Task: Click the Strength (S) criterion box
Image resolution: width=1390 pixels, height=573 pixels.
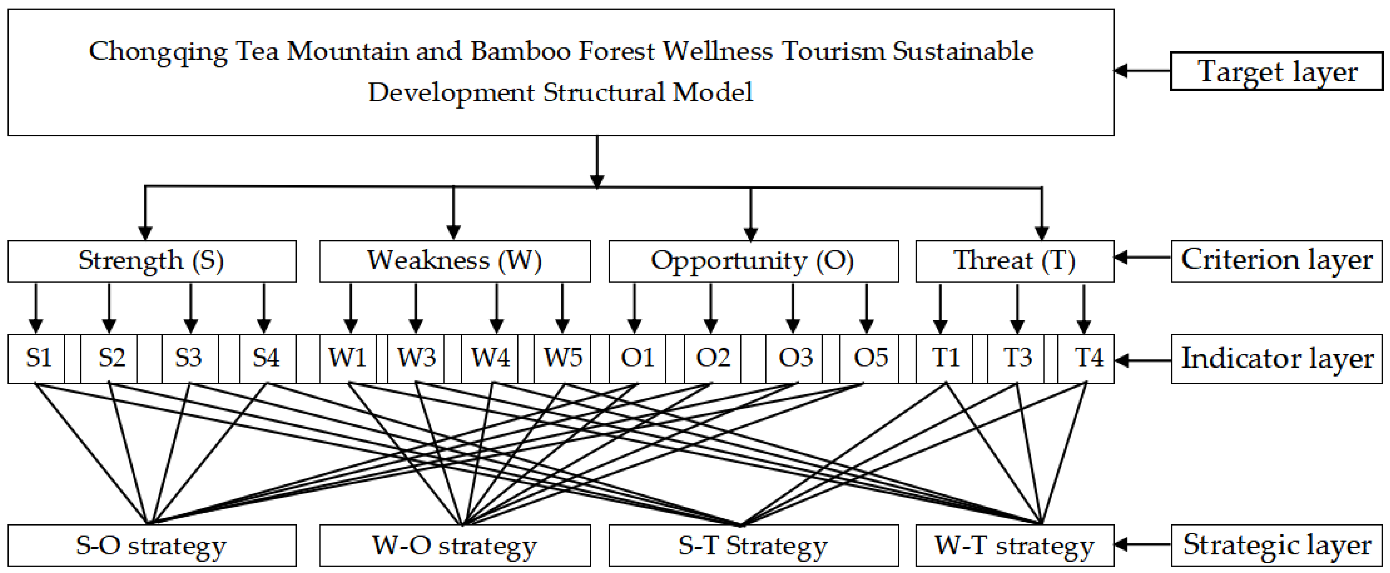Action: point(152,261)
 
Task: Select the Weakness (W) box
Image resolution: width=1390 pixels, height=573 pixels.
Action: point(454,261)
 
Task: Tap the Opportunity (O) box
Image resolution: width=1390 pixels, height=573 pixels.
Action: point(753,261)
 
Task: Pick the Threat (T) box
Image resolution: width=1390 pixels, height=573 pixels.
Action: point(1014,261)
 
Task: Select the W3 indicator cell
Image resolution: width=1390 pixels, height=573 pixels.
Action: point(416,358)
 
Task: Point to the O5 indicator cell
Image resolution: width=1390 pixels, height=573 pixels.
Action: point(869,358)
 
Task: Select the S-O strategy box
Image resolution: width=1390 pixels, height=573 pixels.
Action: point(152,545)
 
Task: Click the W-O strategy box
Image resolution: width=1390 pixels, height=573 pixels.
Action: point(454,545)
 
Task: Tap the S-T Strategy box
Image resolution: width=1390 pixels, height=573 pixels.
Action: point(753,545)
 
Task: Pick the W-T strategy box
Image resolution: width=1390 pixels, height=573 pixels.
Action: point(1014,545)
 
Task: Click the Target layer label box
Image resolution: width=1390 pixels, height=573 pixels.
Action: point(1277,71)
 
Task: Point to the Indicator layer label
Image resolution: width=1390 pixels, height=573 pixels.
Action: point(1277,358)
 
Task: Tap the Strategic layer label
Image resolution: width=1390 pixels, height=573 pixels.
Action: point(1277,545)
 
